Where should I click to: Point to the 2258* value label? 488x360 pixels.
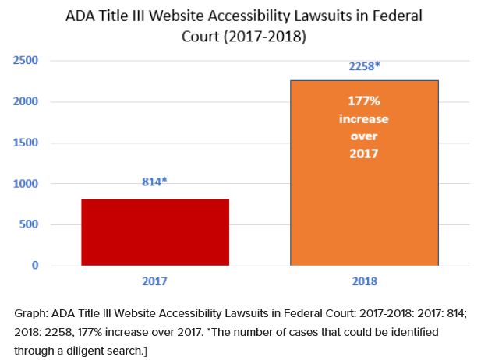[364, 66]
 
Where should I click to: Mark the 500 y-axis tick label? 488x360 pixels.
[30, 225]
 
